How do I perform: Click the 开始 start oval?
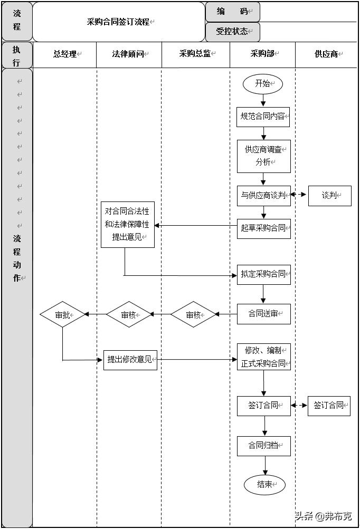point(263,83)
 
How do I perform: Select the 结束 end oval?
point(264,485)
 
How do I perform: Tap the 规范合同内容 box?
point(263,117)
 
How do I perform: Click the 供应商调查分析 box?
point(263,156)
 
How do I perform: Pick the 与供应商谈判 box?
point(263,195)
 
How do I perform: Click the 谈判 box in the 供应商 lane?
point(329,195)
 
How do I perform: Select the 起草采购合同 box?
point(263,228)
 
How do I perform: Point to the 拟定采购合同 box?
point(263,274)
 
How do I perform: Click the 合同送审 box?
point(263,314)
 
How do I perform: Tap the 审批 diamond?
point(62,315)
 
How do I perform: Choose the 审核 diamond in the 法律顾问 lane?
point(129,315)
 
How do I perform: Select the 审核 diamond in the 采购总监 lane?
point(194,315)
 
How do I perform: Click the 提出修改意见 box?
point(130,360)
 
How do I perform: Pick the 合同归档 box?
point(263,446)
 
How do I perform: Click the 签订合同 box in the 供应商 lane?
point(329,406)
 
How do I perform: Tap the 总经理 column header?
point(65,54)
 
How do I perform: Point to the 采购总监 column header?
point(195,54)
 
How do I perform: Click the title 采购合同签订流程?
point(119,22)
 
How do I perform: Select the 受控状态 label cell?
point(232,32)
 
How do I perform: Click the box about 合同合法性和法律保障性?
point(127,224)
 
